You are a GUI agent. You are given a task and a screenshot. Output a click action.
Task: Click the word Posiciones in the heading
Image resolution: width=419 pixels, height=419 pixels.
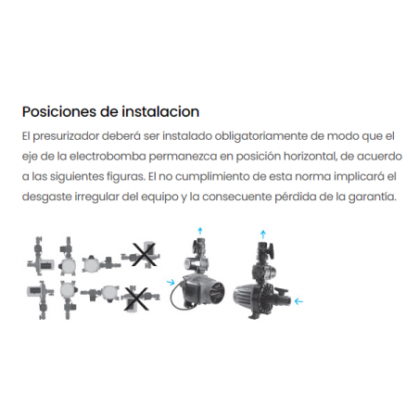58,111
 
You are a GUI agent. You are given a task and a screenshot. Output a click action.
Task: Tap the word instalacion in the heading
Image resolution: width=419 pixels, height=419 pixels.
160,111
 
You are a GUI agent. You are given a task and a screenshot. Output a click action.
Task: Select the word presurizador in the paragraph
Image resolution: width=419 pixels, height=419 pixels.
66,136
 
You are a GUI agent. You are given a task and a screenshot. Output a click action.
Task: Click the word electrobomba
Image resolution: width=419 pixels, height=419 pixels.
108,157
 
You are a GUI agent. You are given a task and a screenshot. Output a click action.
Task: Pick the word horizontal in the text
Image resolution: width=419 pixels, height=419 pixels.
310,157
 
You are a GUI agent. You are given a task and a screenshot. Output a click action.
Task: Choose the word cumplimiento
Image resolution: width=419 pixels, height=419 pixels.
212,177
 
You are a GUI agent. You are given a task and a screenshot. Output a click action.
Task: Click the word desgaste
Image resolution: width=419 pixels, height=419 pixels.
46,197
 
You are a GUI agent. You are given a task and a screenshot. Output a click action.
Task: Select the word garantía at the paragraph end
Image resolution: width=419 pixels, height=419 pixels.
373,197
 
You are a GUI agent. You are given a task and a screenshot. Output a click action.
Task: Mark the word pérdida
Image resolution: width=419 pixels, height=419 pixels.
296,197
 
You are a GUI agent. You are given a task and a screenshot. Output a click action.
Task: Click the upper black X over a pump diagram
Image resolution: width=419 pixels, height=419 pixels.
144,255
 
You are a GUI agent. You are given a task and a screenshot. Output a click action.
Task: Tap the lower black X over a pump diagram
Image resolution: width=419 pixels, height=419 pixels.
135,298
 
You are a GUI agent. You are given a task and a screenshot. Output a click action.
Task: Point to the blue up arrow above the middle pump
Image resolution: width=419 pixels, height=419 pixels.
200,231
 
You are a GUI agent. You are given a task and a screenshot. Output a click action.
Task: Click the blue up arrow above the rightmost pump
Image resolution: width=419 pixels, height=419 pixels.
263,235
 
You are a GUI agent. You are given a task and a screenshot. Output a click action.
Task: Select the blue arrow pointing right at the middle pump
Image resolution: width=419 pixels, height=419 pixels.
171,282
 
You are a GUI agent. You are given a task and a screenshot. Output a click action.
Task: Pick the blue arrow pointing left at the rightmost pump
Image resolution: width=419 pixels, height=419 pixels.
298,301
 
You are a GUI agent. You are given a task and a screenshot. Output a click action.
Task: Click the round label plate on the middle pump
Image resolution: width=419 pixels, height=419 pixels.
215,292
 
